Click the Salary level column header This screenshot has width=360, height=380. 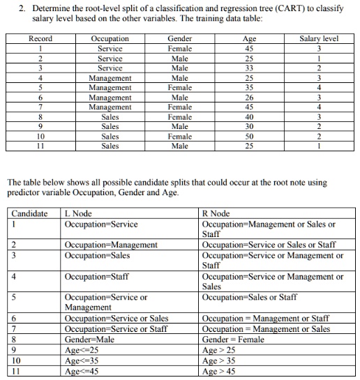click(318, 39)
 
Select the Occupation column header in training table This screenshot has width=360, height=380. click(110, 39)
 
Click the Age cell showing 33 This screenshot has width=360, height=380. click(248, 68)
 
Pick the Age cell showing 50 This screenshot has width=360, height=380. click(248, 137)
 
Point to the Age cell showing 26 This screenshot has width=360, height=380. click(248, 98)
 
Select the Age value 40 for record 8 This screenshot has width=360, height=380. click(248, 117)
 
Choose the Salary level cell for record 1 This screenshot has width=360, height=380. click(318, 49)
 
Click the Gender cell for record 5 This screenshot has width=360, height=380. click(180, 88)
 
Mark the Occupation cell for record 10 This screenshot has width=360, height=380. click(110, 137)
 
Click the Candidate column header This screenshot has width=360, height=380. click(29, 213)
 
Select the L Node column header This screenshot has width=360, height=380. click(77, 213)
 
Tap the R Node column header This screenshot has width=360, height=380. click(214, 213)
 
